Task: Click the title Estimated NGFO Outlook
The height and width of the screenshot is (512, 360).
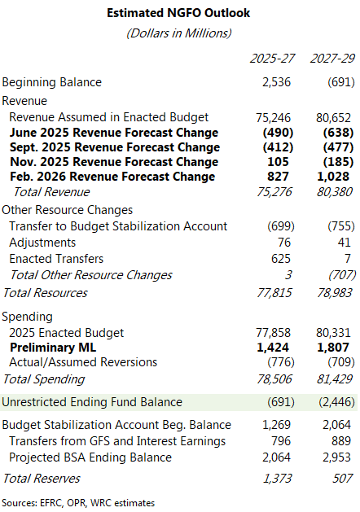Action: pyautogui.click(x=178, y=13)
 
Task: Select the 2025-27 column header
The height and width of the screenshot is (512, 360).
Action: pyautogui.click(x=272, y=59)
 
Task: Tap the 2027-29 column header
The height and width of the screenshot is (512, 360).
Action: pyautogui.click(x=332, y=59)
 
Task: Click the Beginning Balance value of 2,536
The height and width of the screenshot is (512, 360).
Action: pyautogui.click(x=276, y=82)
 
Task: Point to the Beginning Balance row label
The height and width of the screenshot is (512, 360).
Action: pyautogui.click(x=52, y=82)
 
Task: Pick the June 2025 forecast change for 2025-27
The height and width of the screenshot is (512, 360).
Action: pyautogui.click(x=278, y=133)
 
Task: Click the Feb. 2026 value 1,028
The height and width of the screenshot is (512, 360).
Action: pyautogui.click(x=333, y=177)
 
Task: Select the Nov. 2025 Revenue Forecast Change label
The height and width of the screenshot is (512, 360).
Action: pyautogui.click(x=114, y=162)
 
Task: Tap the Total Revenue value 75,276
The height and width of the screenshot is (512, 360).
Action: pyautogui.click(x=274, y=192)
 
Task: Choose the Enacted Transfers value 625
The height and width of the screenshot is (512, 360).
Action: pyautogui.click(x=281, y=259)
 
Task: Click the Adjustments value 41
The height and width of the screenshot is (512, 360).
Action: pyautogui.click(x=345, y=243)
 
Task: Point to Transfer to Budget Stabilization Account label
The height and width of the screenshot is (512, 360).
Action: pyautogui.click(x=118, y=226)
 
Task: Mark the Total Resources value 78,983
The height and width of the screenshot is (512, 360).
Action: pyautogui.click(x=334, y=293)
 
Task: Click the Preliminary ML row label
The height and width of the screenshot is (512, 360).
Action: pyautogui.click(x=53, y=348)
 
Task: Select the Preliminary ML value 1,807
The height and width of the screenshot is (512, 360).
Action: pyautogui.click(x=333, y=348)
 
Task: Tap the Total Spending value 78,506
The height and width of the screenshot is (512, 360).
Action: pyautogui.click(x=274, y=379)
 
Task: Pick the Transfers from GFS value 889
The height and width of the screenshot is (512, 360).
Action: pyautogui.click(x=341, y=441)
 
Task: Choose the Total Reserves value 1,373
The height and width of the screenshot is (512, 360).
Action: pyautogui.click(x=277, y=479)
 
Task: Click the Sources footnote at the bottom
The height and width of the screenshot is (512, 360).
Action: pyautogui.click(x=78, y=503)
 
